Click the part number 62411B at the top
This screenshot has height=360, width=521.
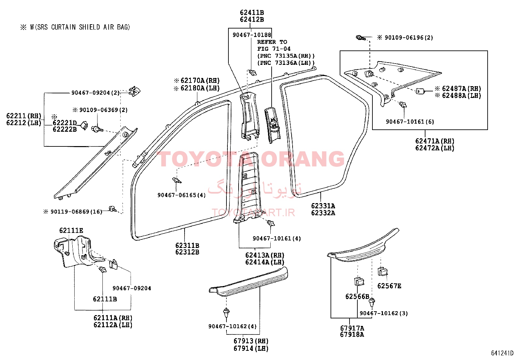[x=252, y=12]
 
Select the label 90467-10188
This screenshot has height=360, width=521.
[x=252, y=35]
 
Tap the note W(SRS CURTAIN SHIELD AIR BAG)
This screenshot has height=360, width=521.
[x=80, y=27]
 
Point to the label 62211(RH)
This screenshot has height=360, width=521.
[x=24, y=116]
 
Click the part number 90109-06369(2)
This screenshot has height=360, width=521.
[x=103, y=110]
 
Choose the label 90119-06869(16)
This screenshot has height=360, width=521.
[x=76, y=212]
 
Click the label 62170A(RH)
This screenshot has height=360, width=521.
[x=200, y=81]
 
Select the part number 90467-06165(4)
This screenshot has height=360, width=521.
[x=181, y=195]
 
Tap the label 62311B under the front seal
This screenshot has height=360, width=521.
[x=187, y=245]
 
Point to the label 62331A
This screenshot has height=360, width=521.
[x=323, y=206]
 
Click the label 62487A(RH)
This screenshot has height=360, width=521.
[x=461, y=88]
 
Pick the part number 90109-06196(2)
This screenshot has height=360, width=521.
[x=409, y=38]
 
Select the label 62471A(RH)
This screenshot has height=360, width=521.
[x=435, y=141]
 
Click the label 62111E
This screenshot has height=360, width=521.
[x=71, y=231]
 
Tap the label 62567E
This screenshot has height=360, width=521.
[x=389, y=286]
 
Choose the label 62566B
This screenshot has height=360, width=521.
[x=357, y=297]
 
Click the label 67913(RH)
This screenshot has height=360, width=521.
[x=251, y=341]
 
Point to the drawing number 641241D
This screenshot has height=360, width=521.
[x=502, y=353]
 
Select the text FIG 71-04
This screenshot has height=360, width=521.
[x=274, y=49]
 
